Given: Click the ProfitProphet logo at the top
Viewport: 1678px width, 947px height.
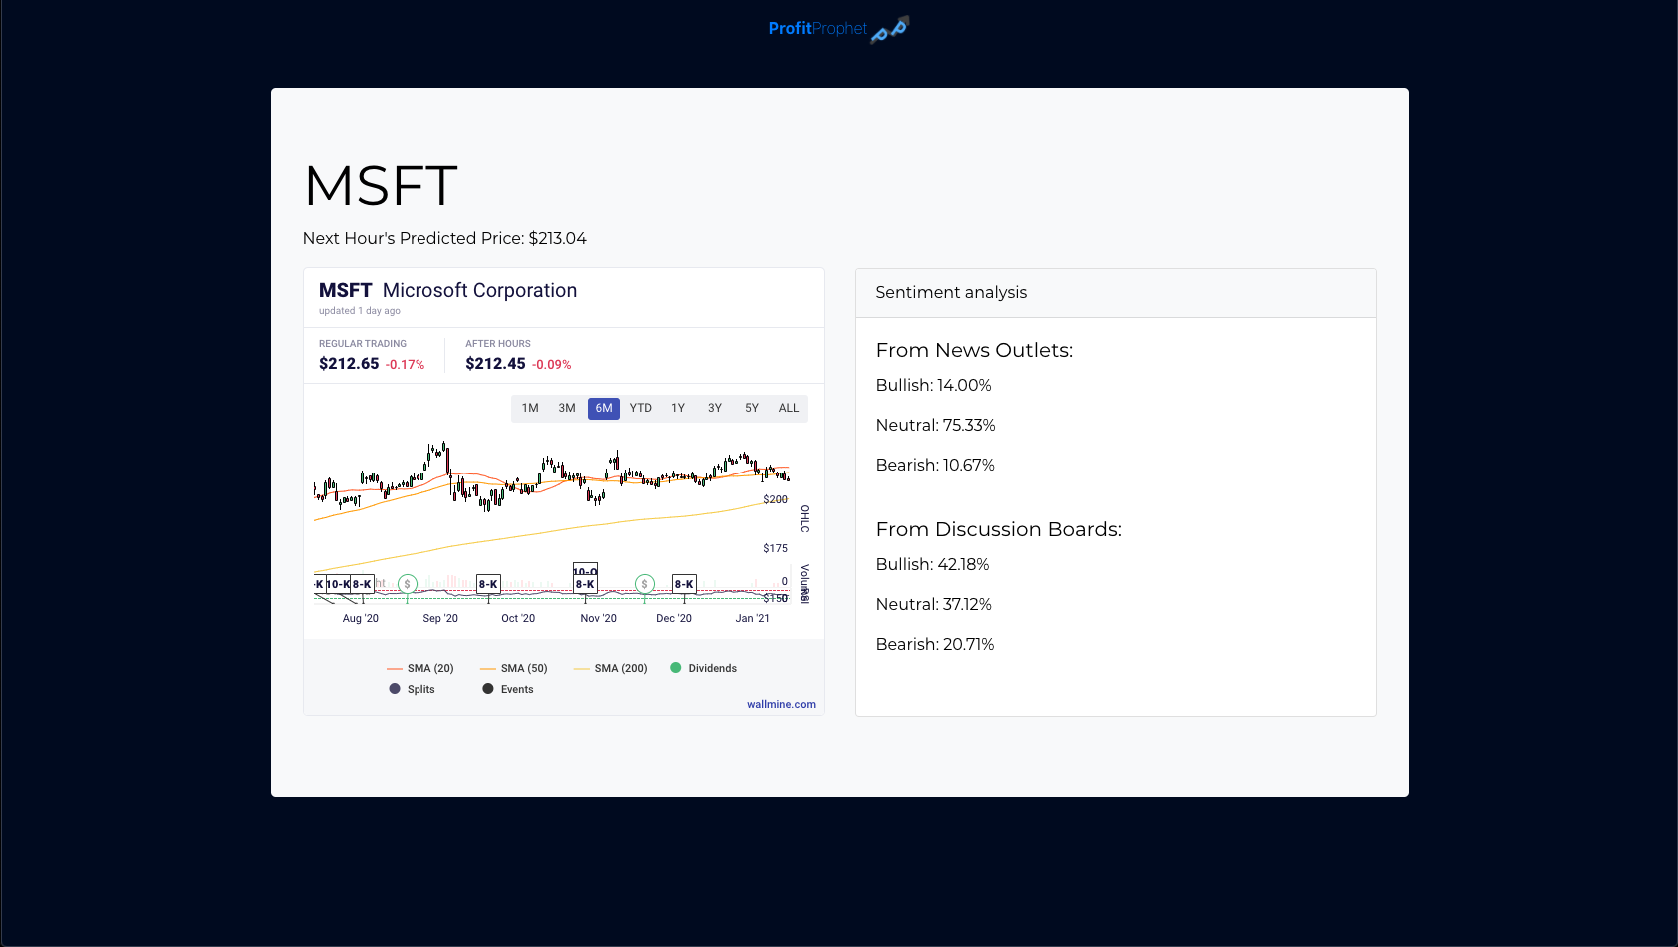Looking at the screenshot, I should tap(837, 29).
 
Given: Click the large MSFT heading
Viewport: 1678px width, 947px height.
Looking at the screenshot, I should tap(381, 186).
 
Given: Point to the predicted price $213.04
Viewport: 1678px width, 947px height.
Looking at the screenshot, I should tap(557, 238).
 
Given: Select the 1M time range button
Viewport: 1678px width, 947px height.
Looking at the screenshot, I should tap(530, 408).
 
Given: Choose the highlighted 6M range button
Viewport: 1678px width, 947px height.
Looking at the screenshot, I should tap(604, 408).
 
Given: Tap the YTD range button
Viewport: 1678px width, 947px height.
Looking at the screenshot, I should tap(641, 408).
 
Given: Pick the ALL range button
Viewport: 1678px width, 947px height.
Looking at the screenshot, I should tap(789, 408).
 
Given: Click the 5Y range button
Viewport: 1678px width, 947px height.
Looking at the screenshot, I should tap(752, 408).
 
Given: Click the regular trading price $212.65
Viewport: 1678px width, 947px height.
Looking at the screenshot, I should tap(349, 364).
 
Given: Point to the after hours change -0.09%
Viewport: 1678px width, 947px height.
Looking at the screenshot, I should tap(551, 365).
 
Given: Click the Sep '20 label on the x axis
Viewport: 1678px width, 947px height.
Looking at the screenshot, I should tap(440, 618).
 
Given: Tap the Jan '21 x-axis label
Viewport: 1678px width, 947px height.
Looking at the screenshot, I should tap(752, 618).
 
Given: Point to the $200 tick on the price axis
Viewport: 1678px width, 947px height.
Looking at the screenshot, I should tap(775, 499).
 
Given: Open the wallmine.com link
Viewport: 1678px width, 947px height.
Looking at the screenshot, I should tap(781, 704).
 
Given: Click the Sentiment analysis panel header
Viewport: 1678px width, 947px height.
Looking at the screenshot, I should tap(951, 292).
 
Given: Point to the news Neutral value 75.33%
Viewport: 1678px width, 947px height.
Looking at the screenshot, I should tap(969, 425).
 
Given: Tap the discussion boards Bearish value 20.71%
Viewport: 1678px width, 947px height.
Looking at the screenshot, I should tap(968, 644).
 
